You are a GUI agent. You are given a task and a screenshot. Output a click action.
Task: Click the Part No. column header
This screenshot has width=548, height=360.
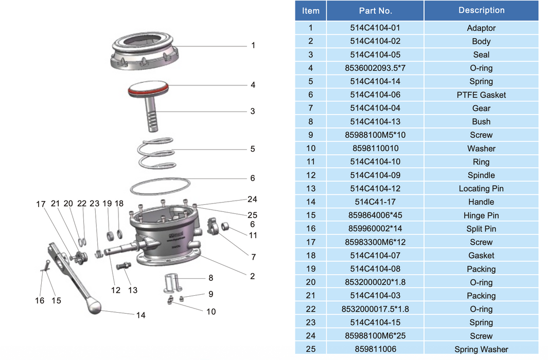pos(375,10)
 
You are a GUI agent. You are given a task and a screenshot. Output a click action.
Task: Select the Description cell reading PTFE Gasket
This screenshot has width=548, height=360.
pos(481,95)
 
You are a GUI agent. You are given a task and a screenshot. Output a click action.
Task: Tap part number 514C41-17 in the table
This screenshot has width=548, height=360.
pos(375,202)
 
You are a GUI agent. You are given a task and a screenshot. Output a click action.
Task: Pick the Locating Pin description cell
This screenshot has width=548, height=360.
pos(481,189)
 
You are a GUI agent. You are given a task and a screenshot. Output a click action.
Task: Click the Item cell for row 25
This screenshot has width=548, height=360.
pos(310,349)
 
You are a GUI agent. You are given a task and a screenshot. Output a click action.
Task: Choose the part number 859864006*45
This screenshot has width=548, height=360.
pos(375,215)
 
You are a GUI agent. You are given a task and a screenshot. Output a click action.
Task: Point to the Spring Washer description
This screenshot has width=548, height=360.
pos(481,349)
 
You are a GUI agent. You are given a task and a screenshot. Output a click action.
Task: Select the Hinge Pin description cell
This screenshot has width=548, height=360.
pos(481,215)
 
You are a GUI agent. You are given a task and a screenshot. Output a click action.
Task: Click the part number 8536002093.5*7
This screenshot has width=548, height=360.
pos(375,68)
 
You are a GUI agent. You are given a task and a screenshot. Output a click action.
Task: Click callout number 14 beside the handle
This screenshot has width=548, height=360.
pos(140,315)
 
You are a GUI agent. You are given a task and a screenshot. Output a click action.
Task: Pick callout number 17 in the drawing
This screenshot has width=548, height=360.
pos(41,204)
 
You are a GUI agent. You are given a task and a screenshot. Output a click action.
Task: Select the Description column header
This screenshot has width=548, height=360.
pos(481,10)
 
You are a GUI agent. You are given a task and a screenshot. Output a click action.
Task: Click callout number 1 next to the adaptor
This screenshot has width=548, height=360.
pos(253,45)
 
